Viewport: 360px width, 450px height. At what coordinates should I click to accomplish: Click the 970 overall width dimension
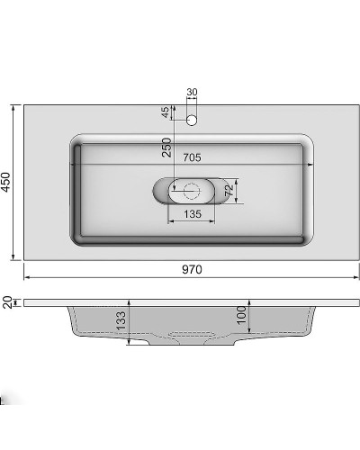[x=191, y=269]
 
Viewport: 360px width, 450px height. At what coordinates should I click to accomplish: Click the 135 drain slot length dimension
[x=192, y=214]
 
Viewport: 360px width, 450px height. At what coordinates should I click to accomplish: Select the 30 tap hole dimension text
[x=191, y=93]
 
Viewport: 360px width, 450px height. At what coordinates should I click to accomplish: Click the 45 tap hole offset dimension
[x=166, y=113]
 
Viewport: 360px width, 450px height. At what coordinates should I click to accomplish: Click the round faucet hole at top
[x=191, y=119]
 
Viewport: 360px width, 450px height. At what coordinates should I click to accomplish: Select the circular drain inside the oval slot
[x=191, y=189]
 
